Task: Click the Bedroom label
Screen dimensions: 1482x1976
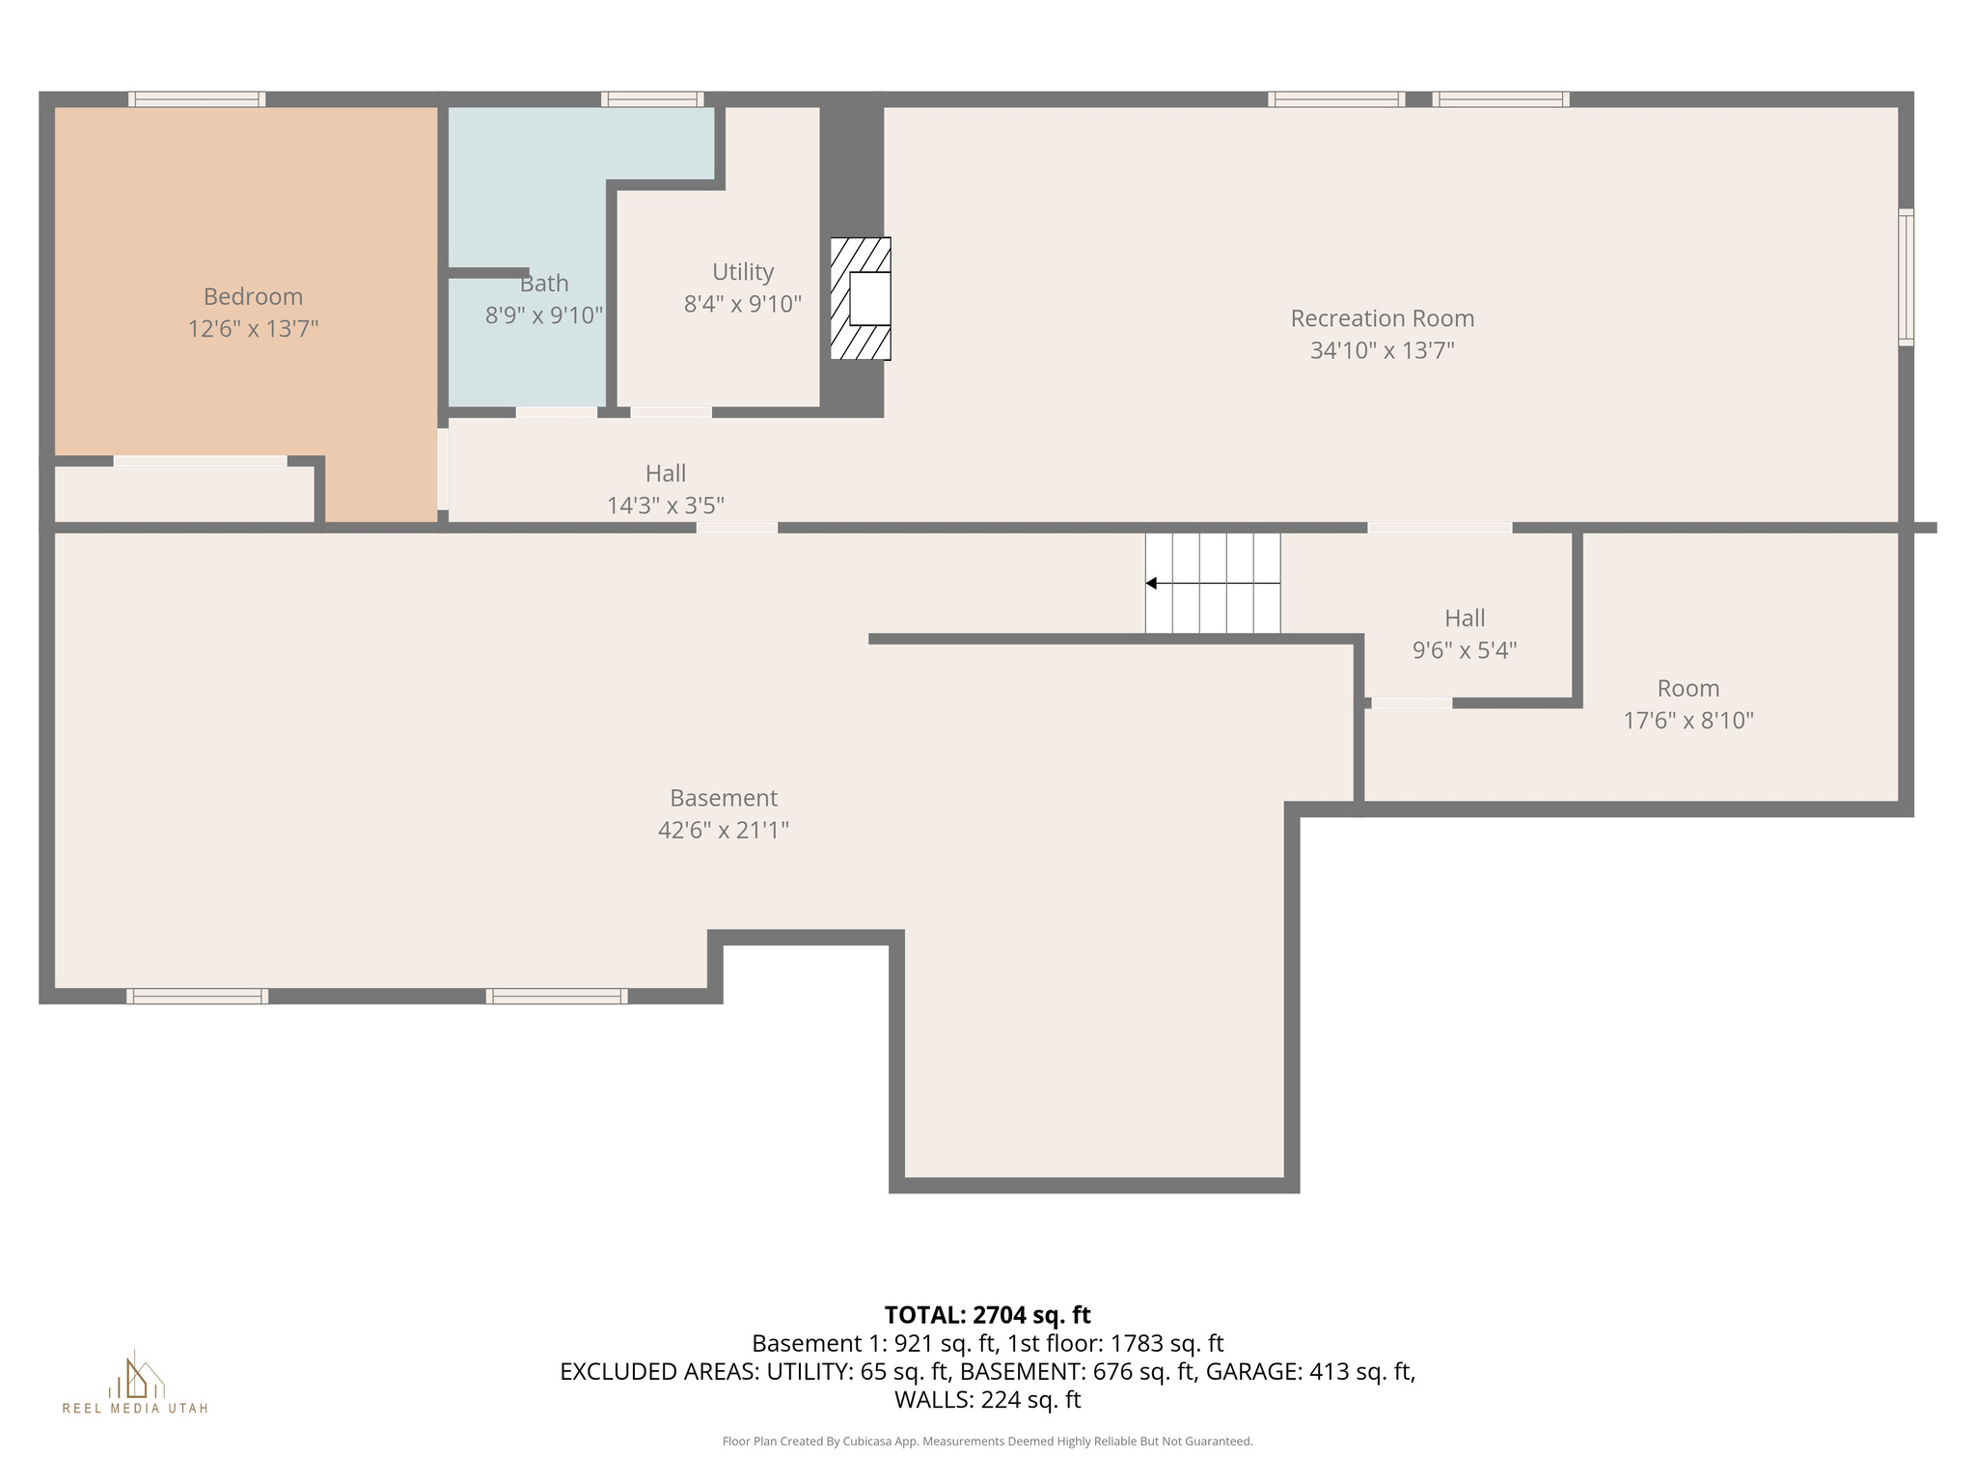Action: click(x=253, y=297)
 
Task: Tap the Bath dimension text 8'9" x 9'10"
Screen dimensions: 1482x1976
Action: click(x=544, y=316)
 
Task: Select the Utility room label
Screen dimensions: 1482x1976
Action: click(x=743, y=272)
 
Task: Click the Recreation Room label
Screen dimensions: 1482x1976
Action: click(x=1382, y=318)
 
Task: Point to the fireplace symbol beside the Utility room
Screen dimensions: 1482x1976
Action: click(x=862, y=299)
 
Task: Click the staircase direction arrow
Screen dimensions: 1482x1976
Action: click(x=1152, y=584)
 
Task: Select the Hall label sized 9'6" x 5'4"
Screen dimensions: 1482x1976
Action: click(x=1464, y=618)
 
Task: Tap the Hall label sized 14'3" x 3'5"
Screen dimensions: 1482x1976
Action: click(x=666, y=474)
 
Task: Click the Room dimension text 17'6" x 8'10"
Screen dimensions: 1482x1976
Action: click(x=1688, y=721)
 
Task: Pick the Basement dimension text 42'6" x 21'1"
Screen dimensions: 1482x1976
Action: click(x=723, y=830)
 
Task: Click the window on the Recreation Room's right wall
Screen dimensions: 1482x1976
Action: click(x=1906, y=277)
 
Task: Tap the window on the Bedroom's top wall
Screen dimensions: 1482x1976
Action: click(x=197, y=99)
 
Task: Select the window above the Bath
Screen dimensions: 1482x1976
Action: click(x=652, y=99)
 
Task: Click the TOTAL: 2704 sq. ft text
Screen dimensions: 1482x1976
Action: click(x=987, y=1315)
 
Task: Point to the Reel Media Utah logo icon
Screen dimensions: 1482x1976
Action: click(x=135, y=1377)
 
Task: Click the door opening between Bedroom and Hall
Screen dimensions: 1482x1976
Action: click(x=443, y=469)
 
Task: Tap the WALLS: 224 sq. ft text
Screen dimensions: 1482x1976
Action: click(x=987, y=1400)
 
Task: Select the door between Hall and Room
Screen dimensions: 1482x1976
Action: click(x=1411, y=703)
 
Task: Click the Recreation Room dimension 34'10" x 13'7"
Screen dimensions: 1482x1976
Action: click(x=1382, y=350)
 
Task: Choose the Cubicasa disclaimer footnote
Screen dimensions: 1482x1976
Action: click(x=987, y=1441)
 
